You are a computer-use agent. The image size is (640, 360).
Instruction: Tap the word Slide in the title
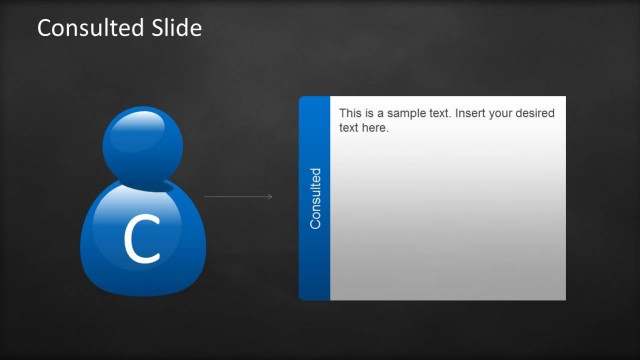click(176, 28)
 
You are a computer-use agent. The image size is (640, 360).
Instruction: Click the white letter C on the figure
click(142, 241)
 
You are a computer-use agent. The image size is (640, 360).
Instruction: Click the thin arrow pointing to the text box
click(238, 197)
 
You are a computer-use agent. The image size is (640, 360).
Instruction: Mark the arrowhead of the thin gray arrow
click(270, 197)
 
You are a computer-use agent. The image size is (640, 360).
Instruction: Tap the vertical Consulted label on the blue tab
click(316, 198)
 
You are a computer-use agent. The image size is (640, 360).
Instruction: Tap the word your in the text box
click(509, 114)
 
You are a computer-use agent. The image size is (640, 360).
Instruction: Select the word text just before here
click(349, 128)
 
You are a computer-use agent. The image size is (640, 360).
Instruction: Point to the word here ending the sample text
click(375, 128)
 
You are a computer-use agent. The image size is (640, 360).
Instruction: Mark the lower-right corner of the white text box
click(564, 298)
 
